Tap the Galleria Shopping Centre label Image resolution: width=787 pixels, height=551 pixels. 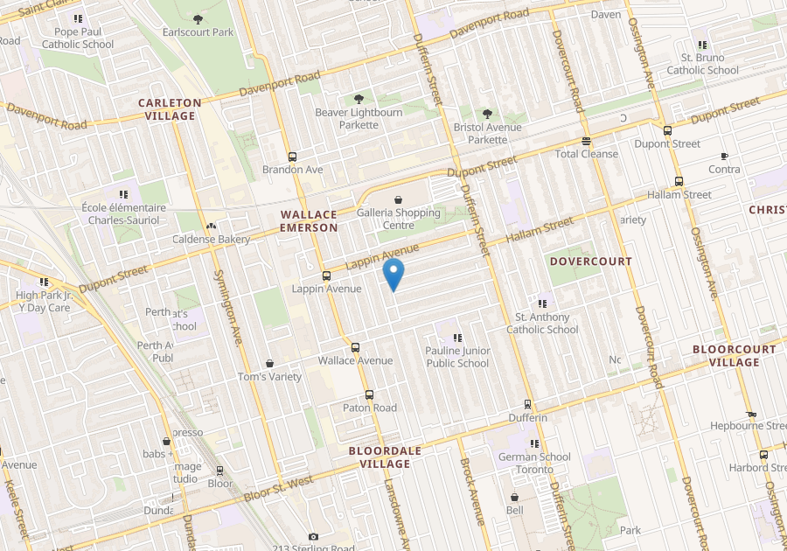pyautogui.click(x=399, y=219)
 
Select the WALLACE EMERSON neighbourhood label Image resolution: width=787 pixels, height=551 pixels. pyautogui.click(x=309, y=221)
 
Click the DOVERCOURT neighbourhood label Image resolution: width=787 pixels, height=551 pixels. pyautogui.click(x=590, y=262)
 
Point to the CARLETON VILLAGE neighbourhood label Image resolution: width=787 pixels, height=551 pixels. pyautogui.click(x=170, y=109)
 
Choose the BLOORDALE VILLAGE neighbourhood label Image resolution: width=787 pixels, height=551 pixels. pyautogui.click(x=385, y=457)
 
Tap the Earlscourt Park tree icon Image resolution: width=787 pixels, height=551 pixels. pyautogui.click(x=198, y=18)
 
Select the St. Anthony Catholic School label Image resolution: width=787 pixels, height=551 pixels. pyautogui.click(x=542, y=324)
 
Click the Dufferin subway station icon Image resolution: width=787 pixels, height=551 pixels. pyautogui.click(x=527, y=404)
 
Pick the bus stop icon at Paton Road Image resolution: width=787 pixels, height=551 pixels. pyautogui.click(x=369, y=394)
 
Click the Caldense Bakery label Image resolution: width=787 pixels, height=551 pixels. pyautogui.click(x=211, y=239)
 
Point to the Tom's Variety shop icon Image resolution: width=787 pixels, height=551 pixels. pyautogui.click(x=269, y=363)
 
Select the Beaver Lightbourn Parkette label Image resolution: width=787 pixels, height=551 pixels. pyautogui.click(x=359, y=118)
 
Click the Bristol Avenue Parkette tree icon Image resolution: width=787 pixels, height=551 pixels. pyautogui.click(x=487, y=114)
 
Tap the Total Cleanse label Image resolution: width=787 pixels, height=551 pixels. pyautogui.click(x=586, y=154)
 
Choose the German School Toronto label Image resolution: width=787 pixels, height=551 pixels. pyautogui.click(x=534, y=463)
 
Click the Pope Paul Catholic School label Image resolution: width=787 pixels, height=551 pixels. pyautogui.click(x=78, y=38)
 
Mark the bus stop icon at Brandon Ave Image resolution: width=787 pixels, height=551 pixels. pyautogui.click(x=292, y=157)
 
